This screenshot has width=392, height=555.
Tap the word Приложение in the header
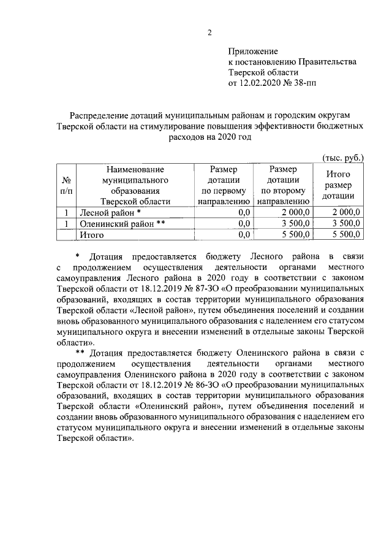pyautogui.click(x=253, y=51)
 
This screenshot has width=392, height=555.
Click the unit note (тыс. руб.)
pyautogui.click(x=342, y=158)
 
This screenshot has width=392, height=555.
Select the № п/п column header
pyautogui.click(x=66, y=186)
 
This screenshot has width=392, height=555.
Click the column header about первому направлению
pyautogui.click(x=222, y=185)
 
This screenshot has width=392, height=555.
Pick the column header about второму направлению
pyautogui.click(x=283, y=185)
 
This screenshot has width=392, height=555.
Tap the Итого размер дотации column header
pyautogui.click(x=339, y=185)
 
